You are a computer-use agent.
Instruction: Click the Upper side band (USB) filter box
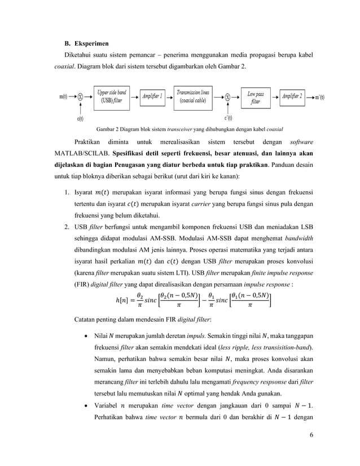111,96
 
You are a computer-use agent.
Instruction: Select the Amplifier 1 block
152,96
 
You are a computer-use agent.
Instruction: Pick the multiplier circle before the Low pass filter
227,96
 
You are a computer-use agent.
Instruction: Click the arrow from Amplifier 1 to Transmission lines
170,96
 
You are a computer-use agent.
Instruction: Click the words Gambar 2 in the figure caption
109,128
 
